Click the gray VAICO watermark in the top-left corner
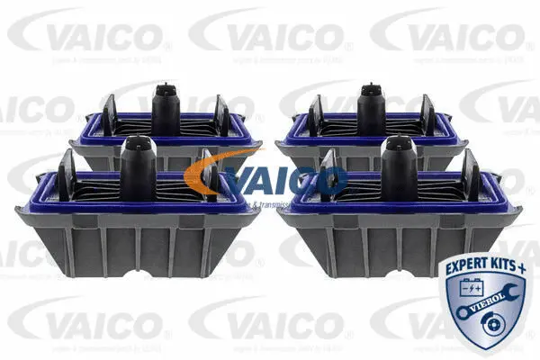86,35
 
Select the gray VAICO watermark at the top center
267,35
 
